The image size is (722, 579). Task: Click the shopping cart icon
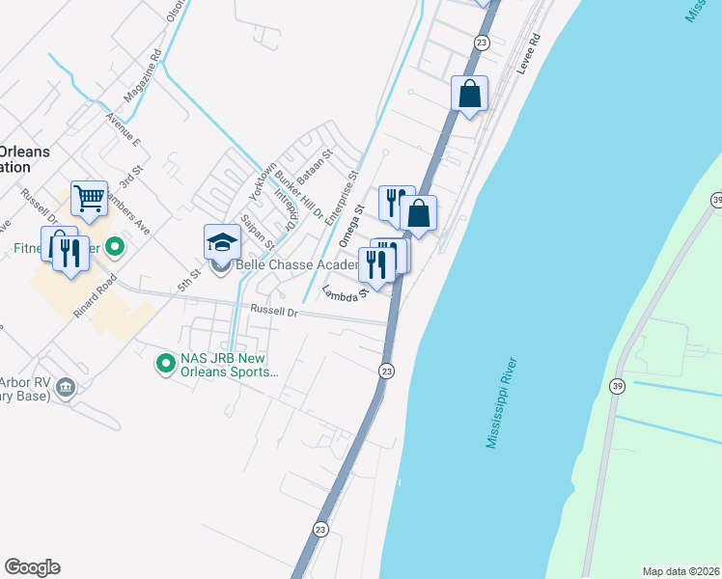[x=88, y=200]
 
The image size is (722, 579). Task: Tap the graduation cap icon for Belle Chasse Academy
[x=222, y=242]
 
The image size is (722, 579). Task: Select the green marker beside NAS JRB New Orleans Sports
[x=165, y=364]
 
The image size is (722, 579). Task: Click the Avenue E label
[x=125, y=134]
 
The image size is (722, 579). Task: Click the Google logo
[x=32, y=567]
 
